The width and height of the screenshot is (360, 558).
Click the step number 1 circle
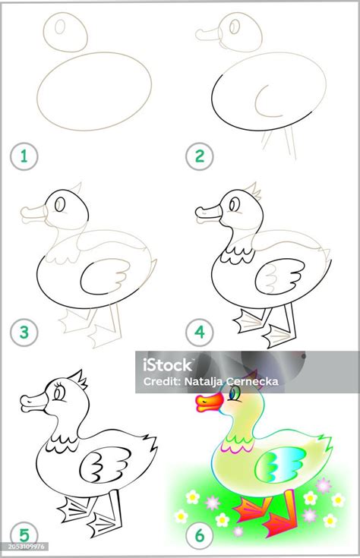[24, 157]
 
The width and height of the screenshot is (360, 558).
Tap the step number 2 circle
[199, 157]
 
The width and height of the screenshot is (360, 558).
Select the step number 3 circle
[24, 332]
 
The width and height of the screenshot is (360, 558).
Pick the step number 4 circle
[199, 332]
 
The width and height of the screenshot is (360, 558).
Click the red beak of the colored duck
[207, 402]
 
